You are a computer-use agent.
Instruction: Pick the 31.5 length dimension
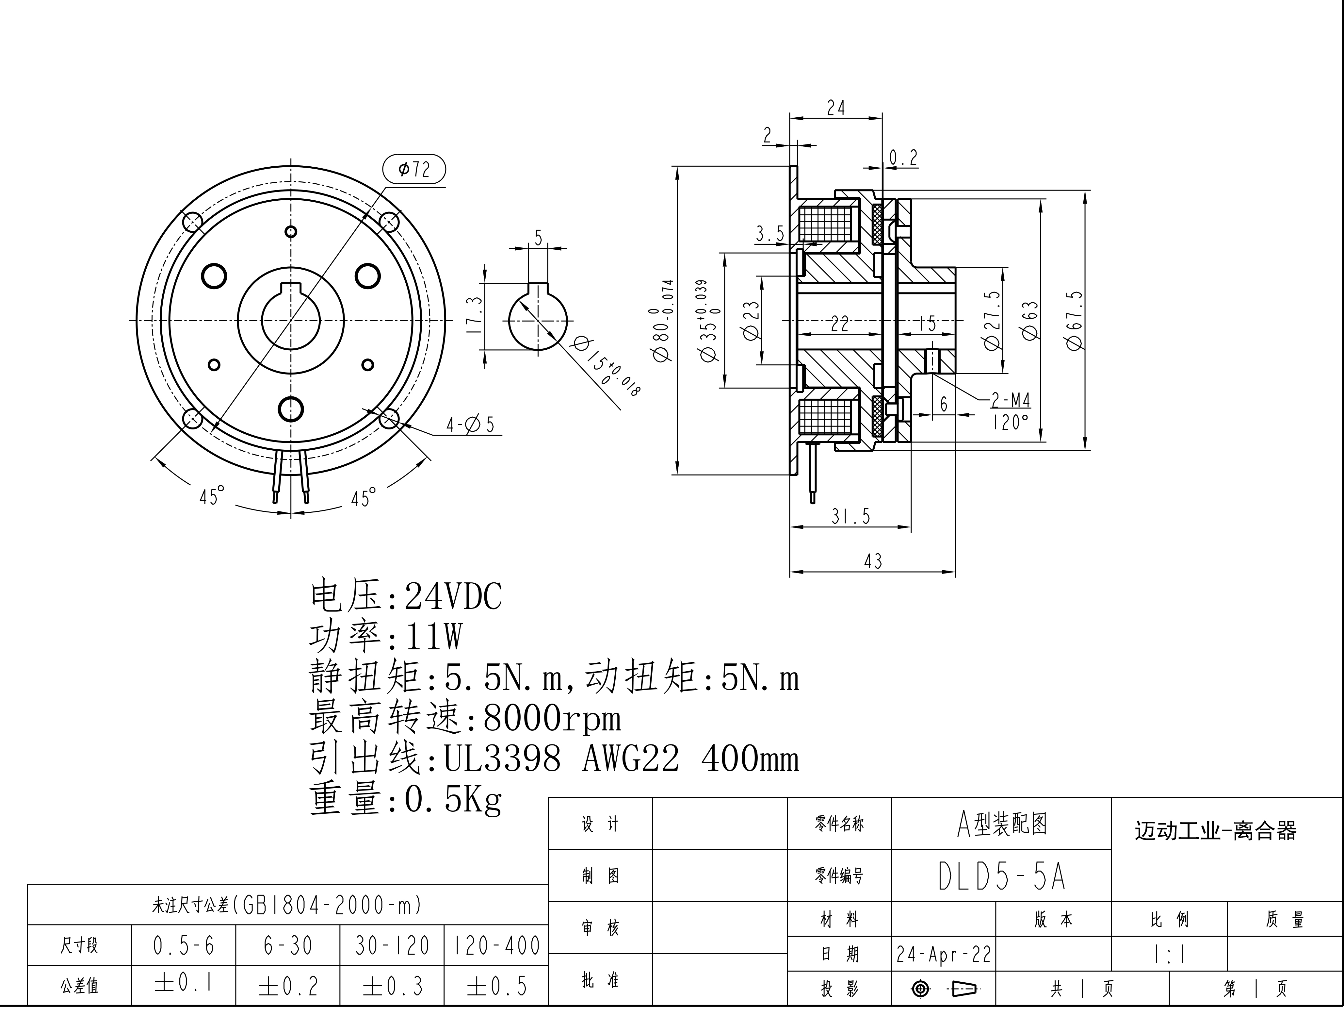coord(850,517)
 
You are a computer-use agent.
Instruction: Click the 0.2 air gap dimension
coord(903,158)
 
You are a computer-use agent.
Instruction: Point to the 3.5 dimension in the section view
coord(770,233)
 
